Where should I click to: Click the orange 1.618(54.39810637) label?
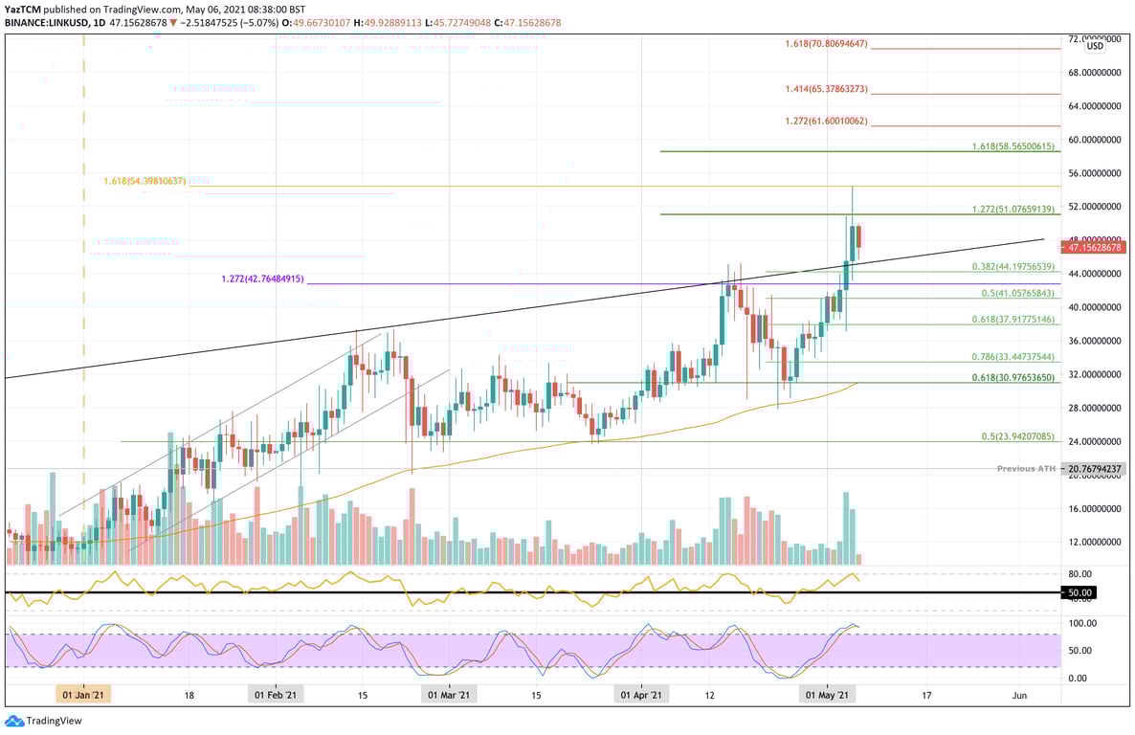pos(145,181)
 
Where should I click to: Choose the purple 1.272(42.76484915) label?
pos(262,278)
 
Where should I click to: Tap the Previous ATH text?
pos(1027,469)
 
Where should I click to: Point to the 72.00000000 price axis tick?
pos(1094,39)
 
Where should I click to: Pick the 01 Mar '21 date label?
pos(448,696)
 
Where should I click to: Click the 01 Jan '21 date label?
pos(84,696)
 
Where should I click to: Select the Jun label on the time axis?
pos(1020,696)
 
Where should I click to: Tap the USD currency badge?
pos(1094,46)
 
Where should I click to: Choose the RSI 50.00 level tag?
pos(1079,592)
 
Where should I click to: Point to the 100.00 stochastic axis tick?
pos(1081,623)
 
